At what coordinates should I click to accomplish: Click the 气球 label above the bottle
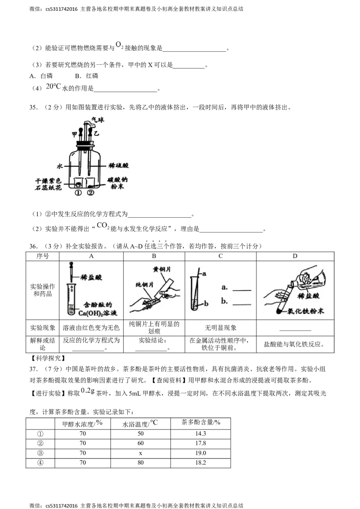[98, 120]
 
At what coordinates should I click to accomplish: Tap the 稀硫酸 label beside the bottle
[119, 165]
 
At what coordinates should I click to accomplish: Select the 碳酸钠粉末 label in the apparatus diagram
[117, 183]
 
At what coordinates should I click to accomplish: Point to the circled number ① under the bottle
[78, 192]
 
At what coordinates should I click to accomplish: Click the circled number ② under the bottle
[90, 192]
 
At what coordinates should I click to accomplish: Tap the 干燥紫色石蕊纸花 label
[49, 184]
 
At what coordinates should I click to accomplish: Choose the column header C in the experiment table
[220, 256]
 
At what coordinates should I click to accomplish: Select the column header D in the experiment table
[295, 256]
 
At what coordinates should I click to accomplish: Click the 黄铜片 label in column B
[162, 269]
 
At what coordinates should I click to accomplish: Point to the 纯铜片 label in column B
[144, 285]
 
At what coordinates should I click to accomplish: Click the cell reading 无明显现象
[220, 328]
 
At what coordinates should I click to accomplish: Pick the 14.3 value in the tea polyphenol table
[200, 434]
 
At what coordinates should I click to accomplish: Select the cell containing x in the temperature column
[140, 453]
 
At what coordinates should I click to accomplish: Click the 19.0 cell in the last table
[200, 453]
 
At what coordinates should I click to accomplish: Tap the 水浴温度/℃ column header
[140, 423]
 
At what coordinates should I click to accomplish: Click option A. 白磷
[41, 76]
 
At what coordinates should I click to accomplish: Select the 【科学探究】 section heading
[47, 358]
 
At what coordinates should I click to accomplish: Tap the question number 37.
[34, 369]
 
